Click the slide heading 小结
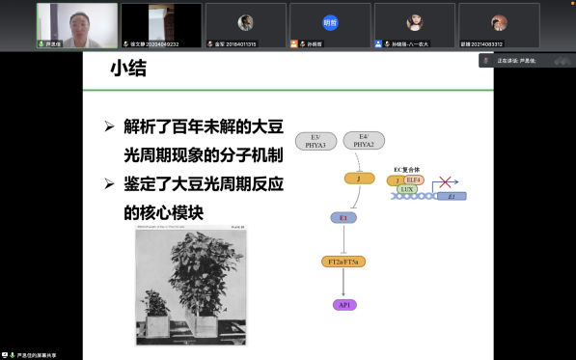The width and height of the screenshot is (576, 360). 130,69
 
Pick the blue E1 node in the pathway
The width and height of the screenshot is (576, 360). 344,218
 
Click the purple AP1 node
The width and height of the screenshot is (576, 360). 344,305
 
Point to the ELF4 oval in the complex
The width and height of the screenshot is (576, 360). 413,180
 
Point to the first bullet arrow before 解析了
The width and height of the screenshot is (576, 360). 110,126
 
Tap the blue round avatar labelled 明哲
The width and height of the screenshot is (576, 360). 329,22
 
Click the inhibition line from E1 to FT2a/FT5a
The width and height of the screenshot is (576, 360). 344,238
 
